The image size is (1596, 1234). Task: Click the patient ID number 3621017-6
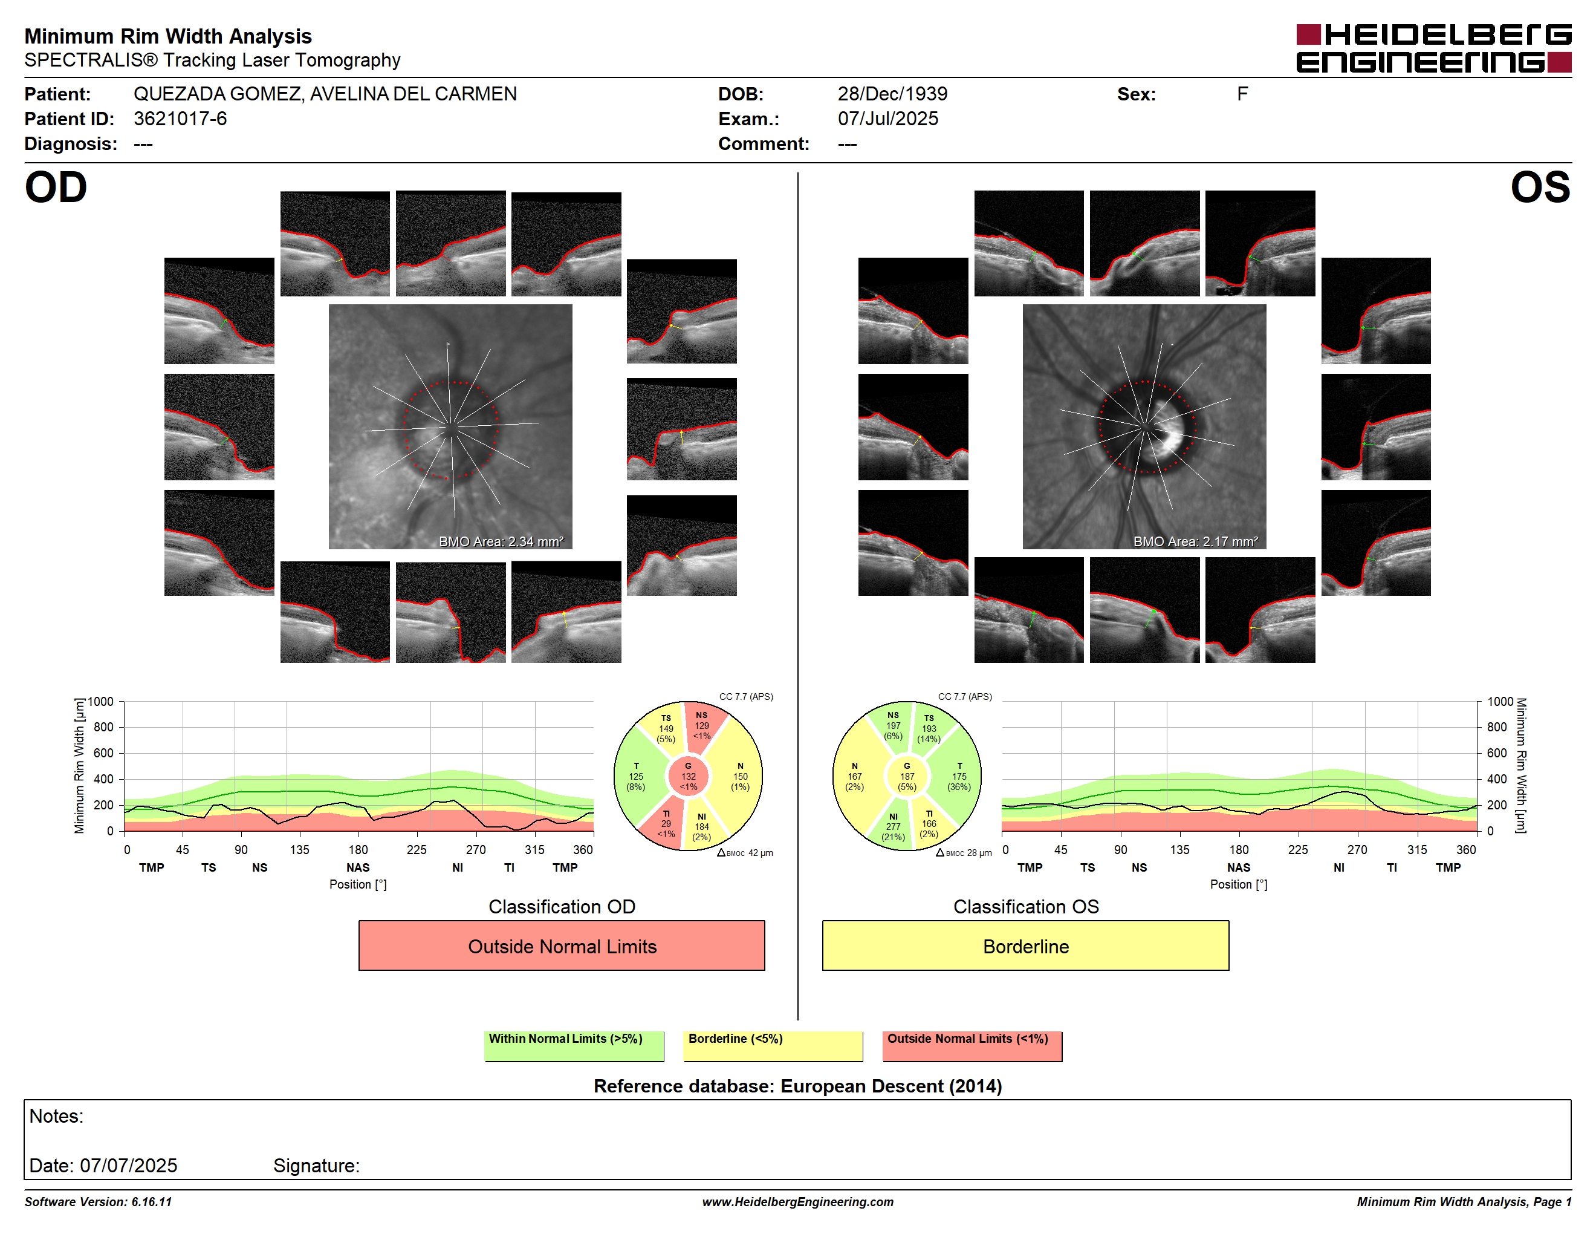tap(180, 119)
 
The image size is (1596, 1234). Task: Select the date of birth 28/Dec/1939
tap(892, 94)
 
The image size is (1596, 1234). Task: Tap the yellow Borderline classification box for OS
tap(1025, 945)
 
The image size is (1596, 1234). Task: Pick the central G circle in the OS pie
tap(907, 776)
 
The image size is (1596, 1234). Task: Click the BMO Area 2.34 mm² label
tap(501, 542)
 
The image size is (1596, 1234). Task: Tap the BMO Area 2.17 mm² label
tap(1196, 542)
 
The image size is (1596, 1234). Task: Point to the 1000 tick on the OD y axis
tap(101, 702)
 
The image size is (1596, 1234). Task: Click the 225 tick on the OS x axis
tap(1298, 849)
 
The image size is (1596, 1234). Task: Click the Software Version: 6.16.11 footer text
tap(98, 1202)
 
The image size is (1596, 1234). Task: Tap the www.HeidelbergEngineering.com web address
tap(798, 1202)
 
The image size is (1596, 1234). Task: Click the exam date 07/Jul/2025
tap(888, 119)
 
